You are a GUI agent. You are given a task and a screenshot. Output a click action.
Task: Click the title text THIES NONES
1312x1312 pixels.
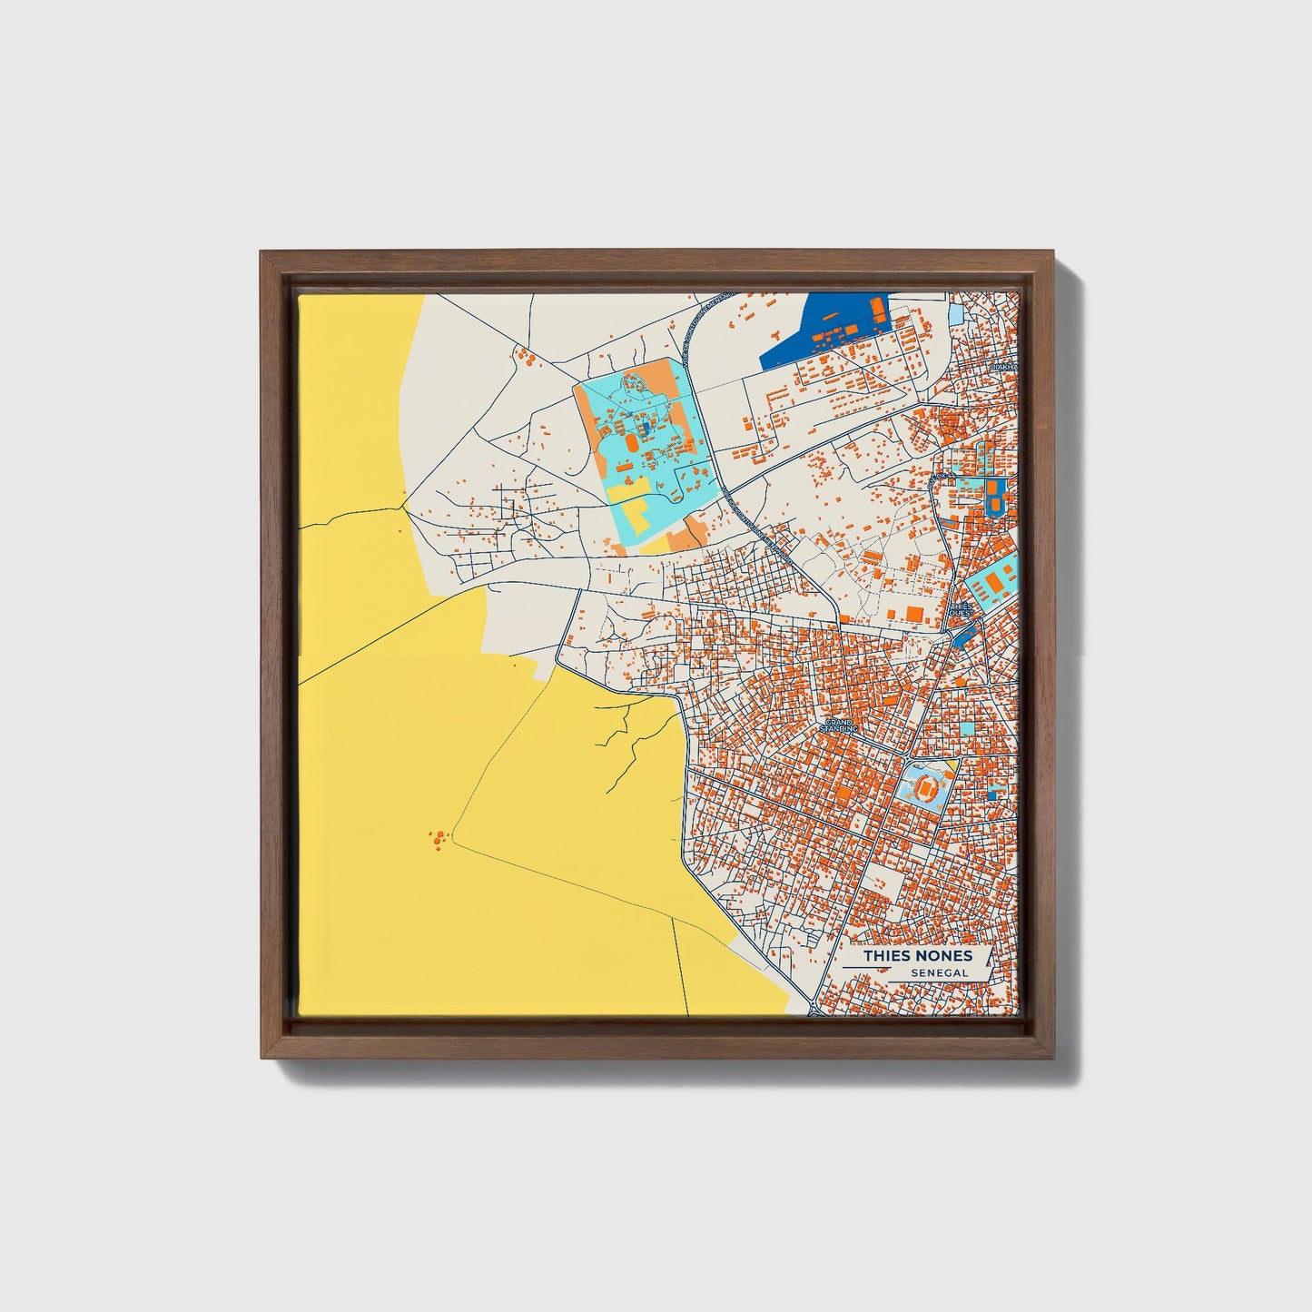pos(917,955)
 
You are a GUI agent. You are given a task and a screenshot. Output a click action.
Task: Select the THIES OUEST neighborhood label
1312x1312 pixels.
pos(961,609)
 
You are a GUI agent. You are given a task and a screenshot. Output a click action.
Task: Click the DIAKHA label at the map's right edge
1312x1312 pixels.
pos(1004,367)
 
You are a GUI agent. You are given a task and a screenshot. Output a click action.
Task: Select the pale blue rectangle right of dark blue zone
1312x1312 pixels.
pos(956,315)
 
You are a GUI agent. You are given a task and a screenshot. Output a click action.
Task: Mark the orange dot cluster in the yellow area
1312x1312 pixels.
pos(439,837)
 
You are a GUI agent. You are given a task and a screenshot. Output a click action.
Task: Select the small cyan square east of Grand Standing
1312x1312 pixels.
pos(967,728)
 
